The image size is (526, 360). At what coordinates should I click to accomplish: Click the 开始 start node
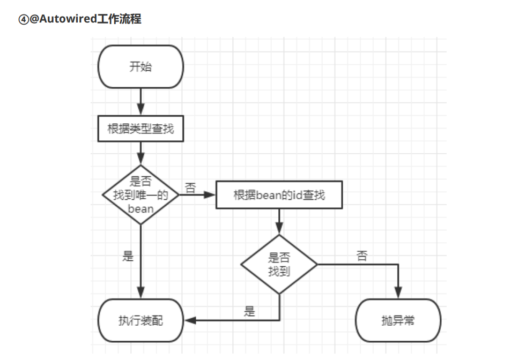click(140, 67)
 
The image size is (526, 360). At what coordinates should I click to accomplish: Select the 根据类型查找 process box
click(140, 129)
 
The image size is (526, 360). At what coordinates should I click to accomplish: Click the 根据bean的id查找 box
click(279, 195)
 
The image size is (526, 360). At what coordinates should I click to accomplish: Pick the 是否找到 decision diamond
click(279, 264)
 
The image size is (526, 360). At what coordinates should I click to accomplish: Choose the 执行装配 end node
click(140, 320)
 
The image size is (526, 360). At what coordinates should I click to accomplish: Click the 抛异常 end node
click(398, 320)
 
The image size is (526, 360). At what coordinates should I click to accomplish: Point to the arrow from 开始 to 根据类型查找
click(140, 102)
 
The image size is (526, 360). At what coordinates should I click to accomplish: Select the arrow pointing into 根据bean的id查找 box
click(209, 195)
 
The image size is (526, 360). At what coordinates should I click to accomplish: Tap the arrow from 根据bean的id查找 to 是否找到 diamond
click(279, 221)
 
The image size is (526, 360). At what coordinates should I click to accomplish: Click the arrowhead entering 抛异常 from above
click(398, 292)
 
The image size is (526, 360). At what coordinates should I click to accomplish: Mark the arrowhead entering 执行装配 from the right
click(190, 320)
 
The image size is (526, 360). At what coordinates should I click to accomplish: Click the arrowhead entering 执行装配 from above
click(140, 292)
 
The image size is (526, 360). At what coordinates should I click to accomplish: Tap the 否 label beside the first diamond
click(190, 187)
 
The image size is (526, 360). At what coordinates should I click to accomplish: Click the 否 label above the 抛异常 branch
click(362, 256)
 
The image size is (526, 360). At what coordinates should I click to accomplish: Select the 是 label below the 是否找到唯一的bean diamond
click(128, 256)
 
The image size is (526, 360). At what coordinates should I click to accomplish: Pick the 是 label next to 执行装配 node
click(249, 311)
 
